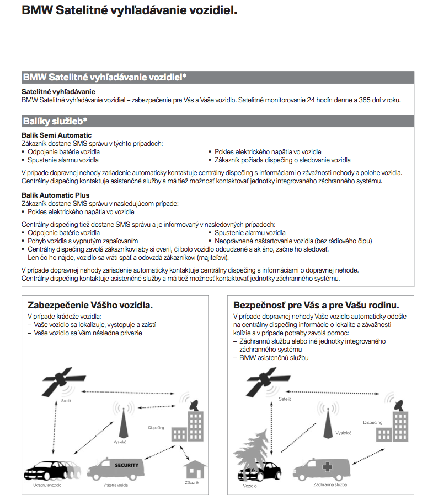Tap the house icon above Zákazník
click(x=191, y=470)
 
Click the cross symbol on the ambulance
click(x=328, y=467)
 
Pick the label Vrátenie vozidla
click(x=115, y=485)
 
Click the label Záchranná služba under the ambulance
click(x=330, y=485)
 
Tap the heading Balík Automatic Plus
click(x=55, y=195)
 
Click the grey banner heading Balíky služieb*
click(x=55, y=121)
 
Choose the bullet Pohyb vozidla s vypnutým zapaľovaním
click(x=83, y=241)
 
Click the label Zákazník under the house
click(x=191, y=483)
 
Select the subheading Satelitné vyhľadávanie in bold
click(x=58, y=91)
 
